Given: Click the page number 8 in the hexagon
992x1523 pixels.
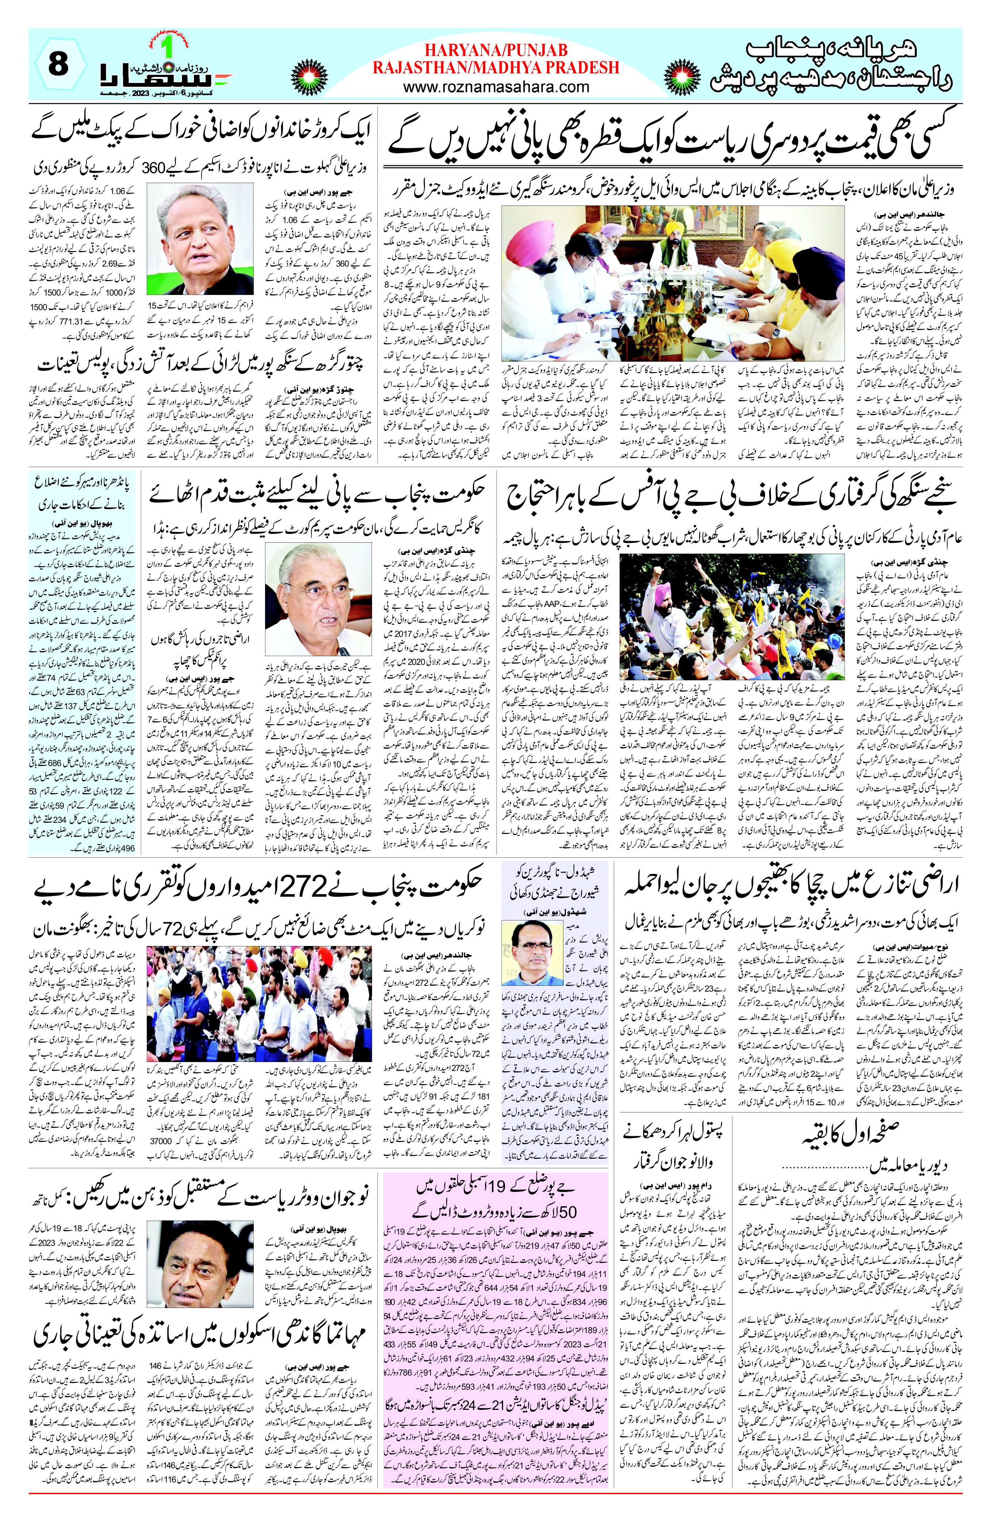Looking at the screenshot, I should point(58,64).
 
